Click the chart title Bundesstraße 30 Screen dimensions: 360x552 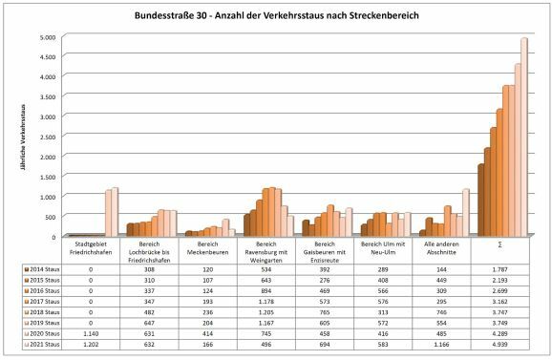(276, 17)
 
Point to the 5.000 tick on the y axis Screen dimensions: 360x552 (47, 38)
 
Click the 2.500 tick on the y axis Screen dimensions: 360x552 (47, 137)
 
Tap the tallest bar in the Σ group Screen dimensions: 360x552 (523, 137)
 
